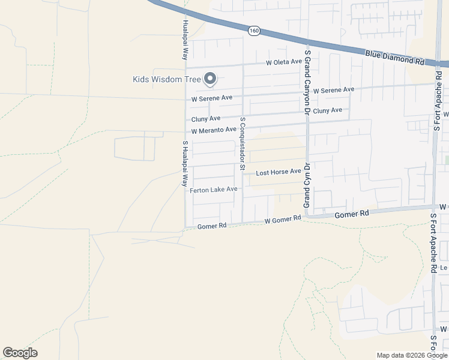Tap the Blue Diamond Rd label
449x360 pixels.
(394, 58)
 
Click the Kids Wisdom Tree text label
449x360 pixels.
(166, 79)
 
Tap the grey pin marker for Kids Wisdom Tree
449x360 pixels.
(210, 78)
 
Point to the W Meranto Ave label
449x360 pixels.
(214, 130)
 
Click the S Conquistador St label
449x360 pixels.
(243, 143)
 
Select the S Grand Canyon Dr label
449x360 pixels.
(307, 82)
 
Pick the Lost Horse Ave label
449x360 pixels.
(278, 172)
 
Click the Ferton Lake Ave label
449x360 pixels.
(214, 190)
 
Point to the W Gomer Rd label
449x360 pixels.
(282, 220)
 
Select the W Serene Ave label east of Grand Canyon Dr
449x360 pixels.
(333, 90)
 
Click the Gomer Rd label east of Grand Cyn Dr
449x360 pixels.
(351, 214)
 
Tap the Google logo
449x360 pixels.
(20, 353)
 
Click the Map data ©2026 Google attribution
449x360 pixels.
(411, 355)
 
